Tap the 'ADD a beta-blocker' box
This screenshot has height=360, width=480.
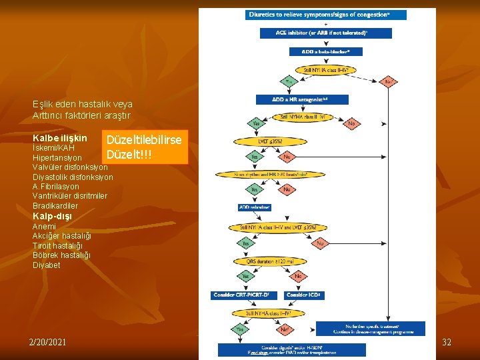(x=325, y=51)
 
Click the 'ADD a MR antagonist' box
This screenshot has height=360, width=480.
(x=301, y=99)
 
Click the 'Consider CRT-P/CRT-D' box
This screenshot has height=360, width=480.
(x=241, y=294)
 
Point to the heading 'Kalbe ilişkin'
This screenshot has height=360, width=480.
(x=59, y=137)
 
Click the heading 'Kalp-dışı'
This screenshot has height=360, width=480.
(x=52, y=216)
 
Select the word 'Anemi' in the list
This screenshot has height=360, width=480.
(x=44, y=227)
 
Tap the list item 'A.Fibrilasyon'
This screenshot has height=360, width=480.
(x=56, y=187)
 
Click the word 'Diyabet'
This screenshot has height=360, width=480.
(x=46, y=265)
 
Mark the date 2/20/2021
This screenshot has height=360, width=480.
(x=47, y=342)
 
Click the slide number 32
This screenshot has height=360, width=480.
(x=447, y=342)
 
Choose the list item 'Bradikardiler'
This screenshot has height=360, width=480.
(x=55, y=206)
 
